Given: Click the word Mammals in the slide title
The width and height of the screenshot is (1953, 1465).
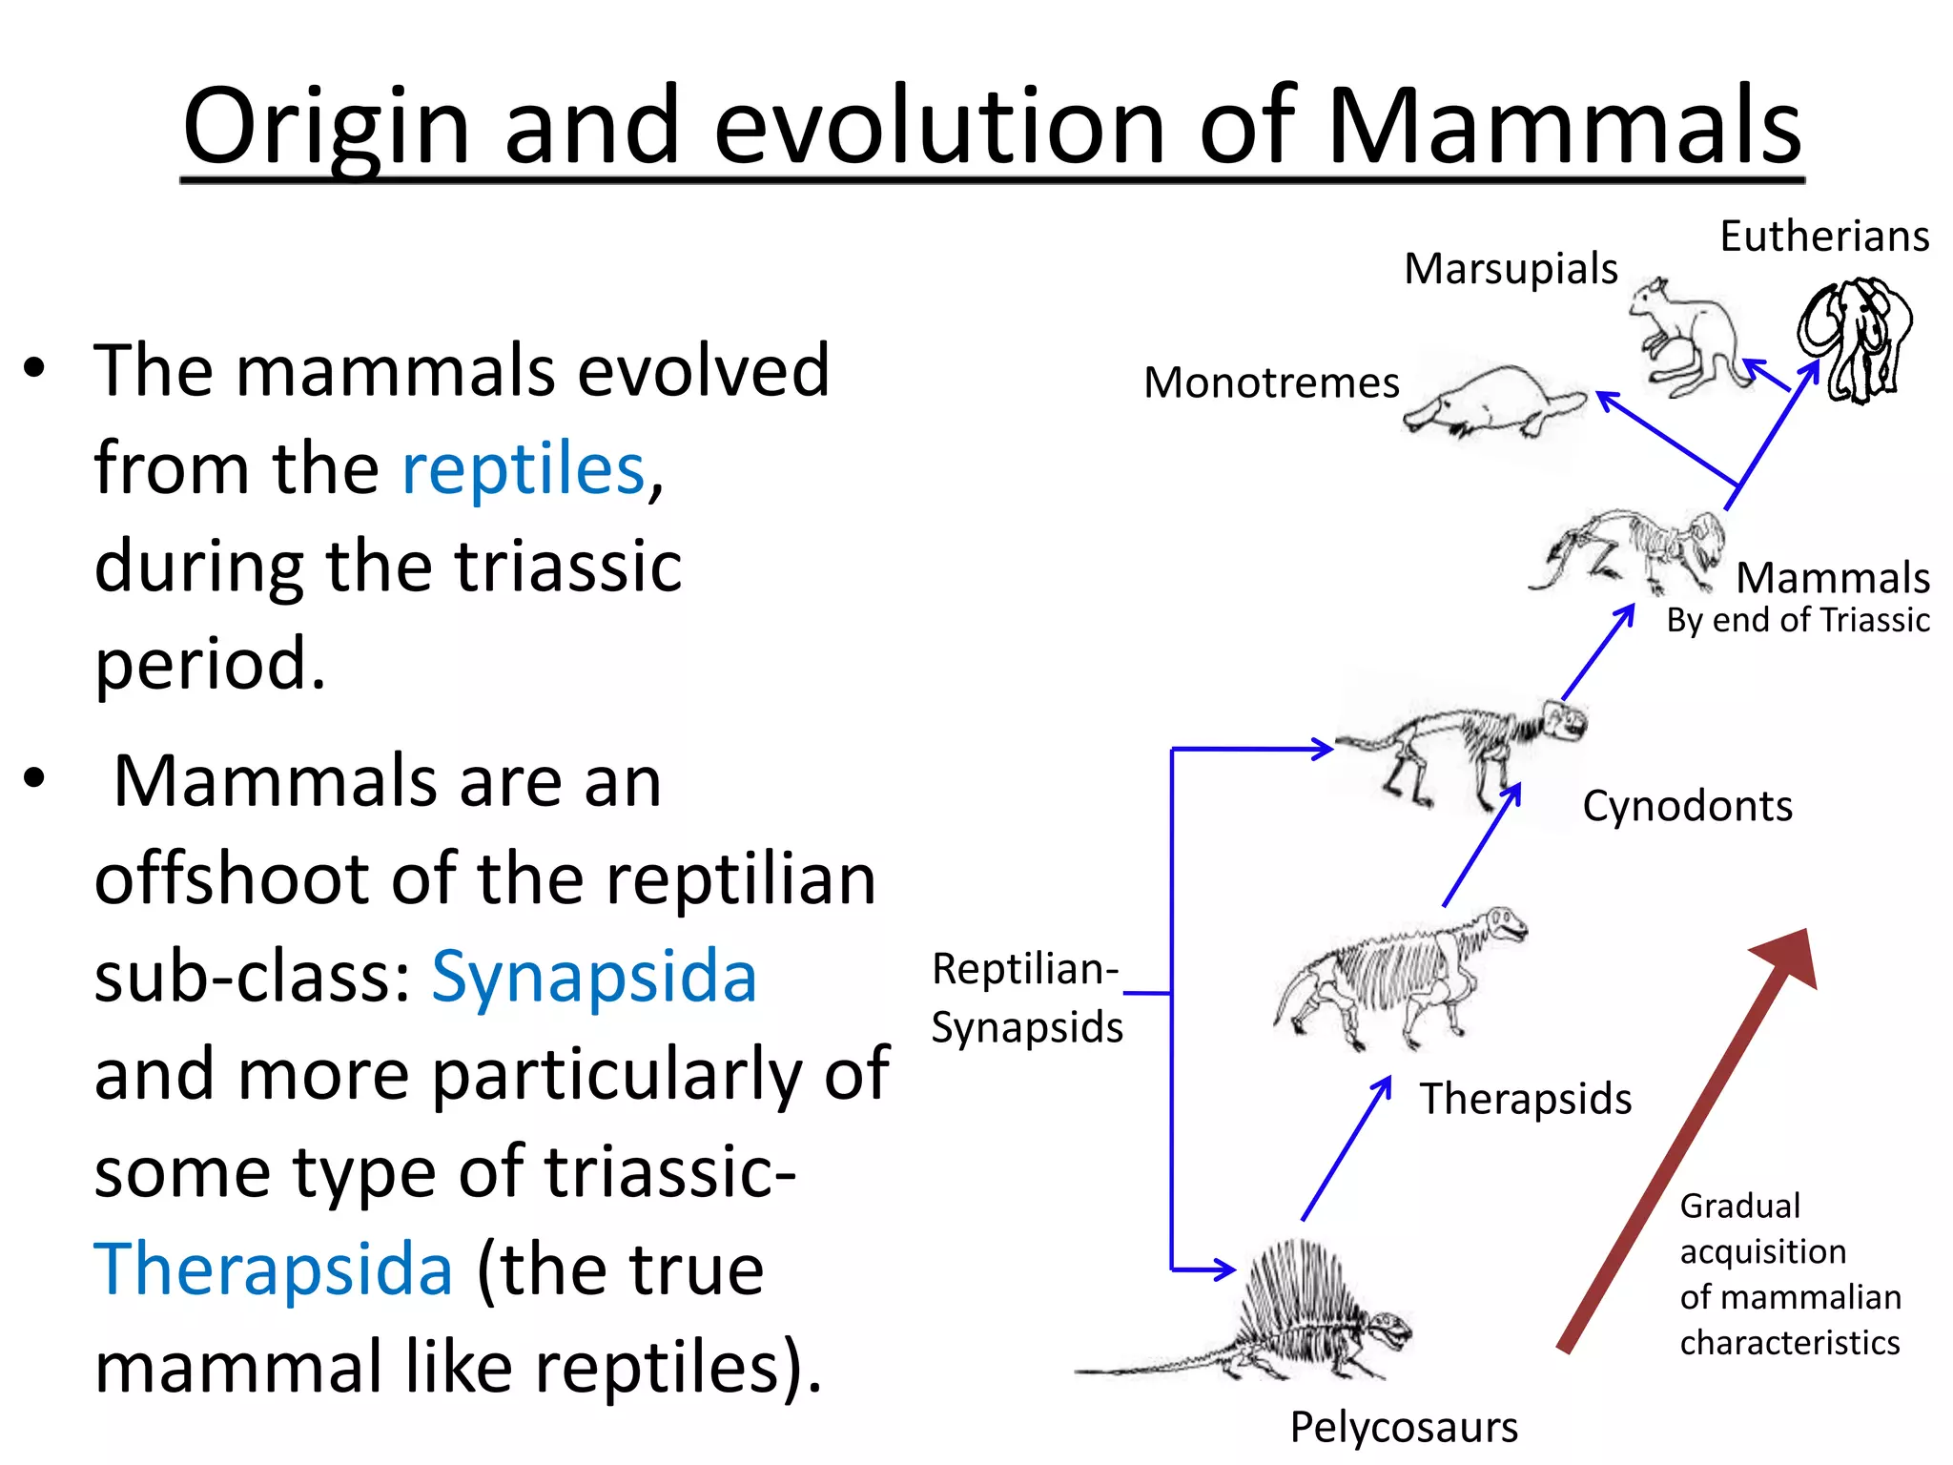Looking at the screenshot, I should (x=1563, y=126).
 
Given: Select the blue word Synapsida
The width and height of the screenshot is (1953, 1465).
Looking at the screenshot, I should (x=594, y=977).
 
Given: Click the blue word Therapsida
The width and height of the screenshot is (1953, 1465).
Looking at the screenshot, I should (x=273, y=1269).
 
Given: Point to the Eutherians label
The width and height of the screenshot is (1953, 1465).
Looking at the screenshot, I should (x=1823, y=237).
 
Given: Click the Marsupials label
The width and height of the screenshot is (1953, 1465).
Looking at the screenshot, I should (x=1511, y=269).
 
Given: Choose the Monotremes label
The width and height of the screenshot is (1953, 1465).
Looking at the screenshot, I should (x=1271, y=383).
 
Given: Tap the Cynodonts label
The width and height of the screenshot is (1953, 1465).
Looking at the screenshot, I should (x=1687, y=807).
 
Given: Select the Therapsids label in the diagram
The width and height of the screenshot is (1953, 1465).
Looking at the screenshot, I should (x=1525, y=1099).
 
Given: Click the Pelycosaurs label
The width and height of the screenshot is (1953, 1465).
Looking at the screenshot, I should (x=1403, y=1428).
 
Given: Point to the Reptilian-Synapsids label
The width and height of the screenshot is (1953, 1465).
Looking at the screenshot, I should (x=1026, y=998).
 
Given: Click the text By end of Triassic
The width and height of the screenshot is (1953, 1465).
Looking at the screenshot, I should (x=1798, y=621).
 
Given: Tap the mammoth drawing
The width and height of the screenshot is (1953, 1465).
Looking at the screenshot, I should (x=1856, y=339).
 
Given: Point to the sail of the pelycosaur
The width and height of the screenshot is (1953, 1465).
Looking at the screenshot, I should (x=1297, y=1288).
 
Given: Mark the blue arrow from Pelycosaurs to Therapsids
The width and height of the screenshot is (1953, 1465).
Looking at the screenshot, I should (x=1346, y=1149).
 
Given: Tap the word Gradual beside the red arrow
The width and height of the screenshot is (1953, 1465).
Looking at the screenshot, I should (x=1739, y=1207).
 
